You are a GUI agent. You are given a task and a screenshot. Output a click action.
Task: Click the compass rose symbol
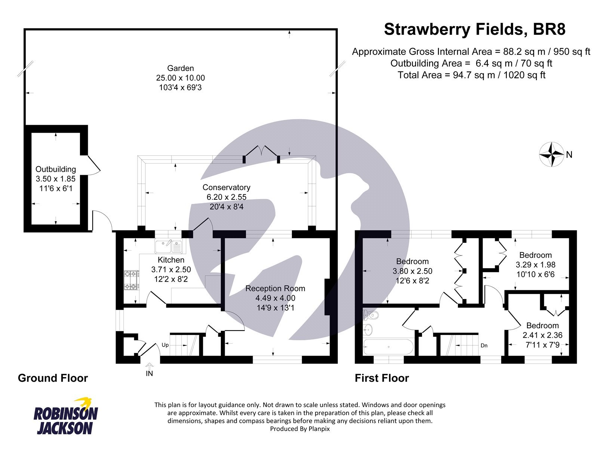tap(551, 154)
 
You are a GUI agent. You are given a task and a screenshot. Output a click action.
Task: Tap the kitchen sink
tap(169, 247)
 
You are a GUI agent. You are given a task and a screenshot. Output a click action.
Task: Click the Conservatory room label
tap(226, 187)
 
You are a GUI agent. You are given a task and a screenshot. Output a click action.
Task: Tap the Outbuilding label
tap(56, 169)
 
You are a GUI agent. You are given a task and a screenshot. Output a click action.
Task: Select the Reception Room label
tap(275, 289)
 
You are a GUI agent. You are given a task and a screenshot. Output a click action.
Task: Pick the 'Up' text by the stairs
tap(165, 345)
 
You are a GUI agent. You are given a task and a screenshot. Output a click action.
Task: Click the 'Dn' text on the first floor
tap(484, 345)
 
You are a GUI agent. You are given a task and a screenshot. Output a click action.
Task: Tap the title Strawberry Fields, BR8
tap(475, 30)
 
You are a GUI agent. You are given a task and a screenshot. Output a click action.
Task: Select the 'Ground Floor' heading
tap(53, 378)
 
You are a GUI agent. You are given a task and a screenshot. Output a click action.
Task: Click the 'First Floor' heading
tap(382, 378)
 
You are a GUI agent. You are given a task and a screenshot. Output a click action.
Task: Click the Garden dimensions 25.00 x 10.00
tap(181, 78)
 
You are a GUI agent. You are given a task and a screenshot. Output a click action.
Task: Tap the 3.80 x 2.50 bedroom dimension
tap(412, 271)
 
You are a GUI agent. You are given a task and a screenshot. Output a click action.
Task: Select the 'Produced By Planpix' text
tap(300, 429)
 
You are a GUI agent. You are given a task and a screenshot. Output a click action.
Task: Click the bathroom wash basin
tap(368, 330)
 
